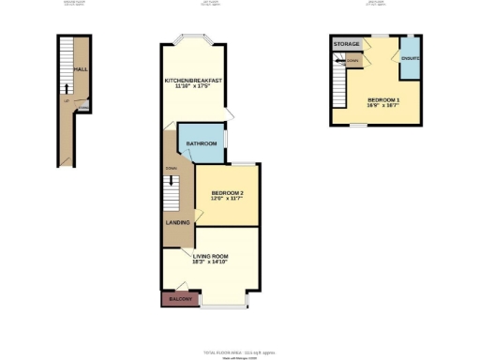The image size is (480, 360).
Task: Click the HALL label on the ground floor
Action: click(x=82, y=68)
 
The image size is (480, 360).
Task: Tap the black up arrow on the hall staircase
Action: click(x=67, y=90)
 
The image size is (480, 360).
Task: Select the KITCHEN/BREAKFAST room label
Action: click(x=193, y=81)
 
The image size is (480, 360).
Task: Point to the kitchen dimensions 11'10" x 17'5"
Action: click(x=193, y=89)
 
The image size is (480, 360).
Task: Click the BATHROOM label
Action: click(x=202, y=143)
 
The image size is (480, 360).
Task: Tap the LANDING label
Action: click(x=178, y=222)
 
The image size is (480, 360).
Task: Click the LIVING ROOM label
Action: click(x=212, y=256)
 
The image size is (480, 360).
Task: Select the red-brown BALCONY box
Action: click(x=180, y=299)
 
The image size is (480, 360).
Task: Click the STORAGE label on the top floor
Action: click(x=346, y=44)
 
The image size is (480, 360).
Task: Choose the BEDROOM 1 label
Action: click(x=383, y=99)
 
